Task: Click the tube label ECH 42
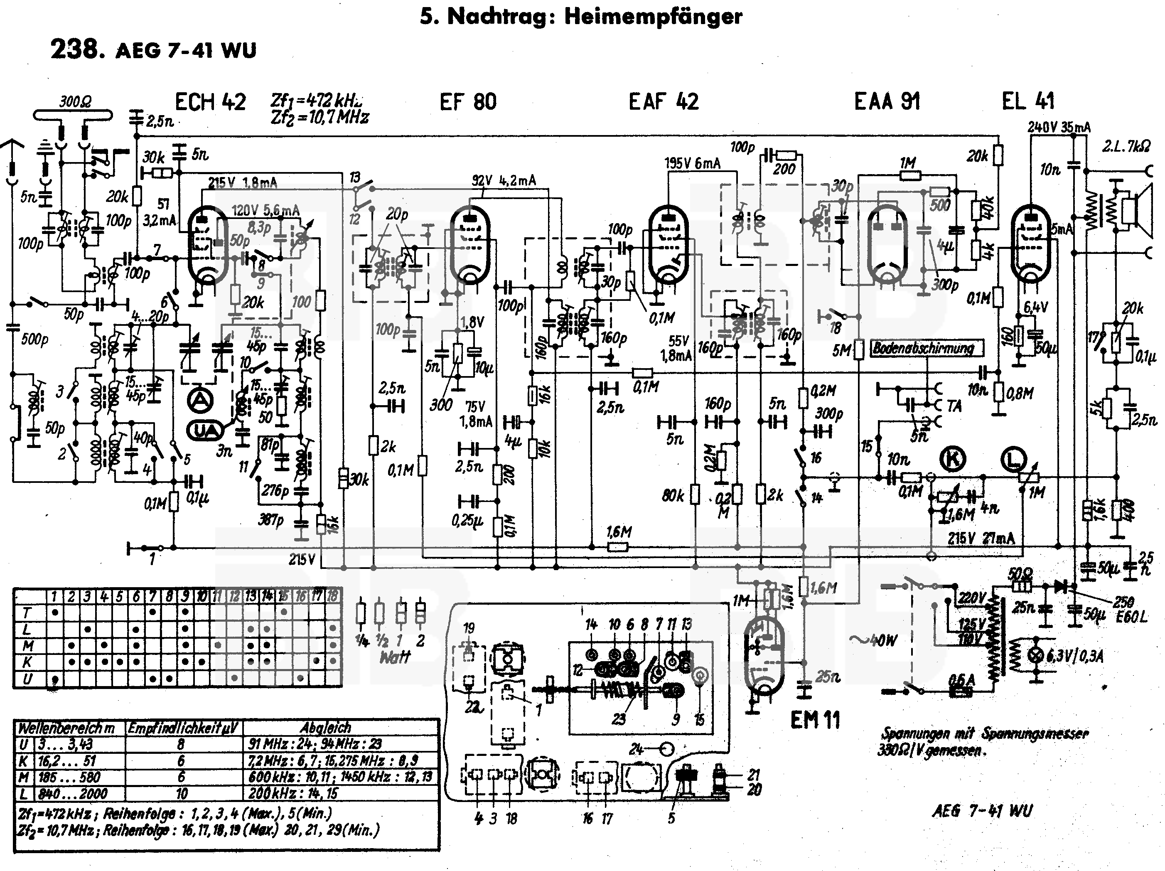click(x=210, y=102)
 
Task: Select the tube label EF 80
click(x=468, y=102)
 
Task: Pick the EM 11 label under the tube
click(x=815, y=719)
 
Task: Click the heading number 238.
click(x=74, y=49)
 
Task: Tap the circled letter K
click(x=953, y=458)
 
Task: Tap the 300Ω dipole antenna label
click(x=75, y=101)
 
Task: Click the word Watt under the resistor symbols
click(x=394, y=657)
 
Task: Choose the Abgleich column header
click(x=325, y=728)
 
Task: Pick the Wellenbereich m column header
click(x=67, y=728)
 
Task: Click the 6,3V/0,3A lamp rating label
click(x=1074, y=656)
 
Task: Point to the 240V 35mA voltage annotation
click(x=1059, y=128)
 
